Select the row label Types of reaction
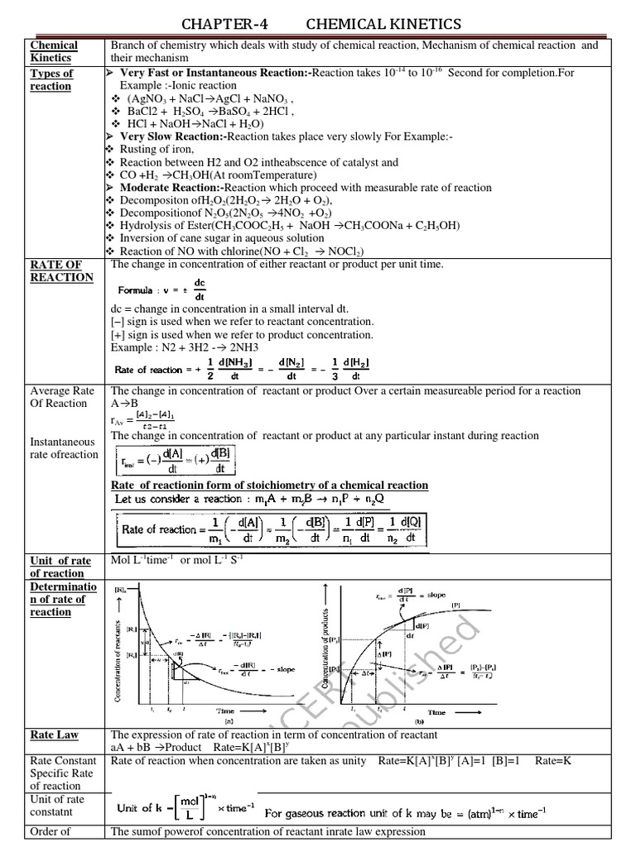coord(51,79)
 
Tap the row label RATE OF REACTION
coord(61,270)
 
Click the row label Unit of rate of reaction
coord(60,567)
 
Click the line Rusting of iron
coord(157,149)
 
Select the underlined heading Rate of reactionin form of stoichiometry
coord(269,485)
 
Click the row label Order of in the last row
coord(49,831)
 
